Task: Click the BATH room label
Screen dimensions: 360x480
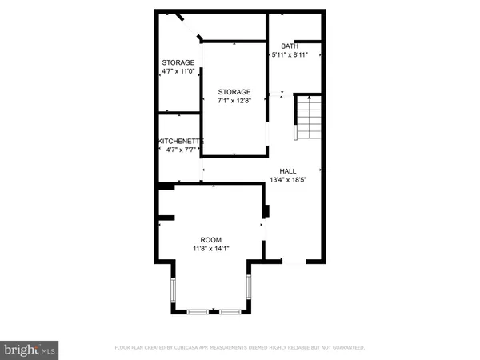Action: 289,46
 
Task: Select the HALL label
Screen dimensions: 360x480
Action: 288,171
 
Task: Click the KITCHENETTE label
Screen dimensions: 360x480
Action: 181,141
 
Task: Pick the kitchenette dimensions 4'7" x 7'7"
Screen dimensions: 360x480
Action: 181,150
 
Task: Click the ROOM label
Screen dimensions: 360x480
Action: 211,240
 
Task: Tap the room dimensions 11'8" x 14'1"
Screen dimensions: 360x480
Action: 211,249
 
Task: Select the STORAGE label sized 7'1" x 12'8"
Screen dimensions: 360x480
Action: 234,92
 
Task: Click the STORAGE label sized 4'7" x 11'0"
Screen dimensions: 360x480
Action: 178,62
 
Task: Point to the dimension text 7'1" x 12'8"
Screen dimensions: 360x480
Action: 234,101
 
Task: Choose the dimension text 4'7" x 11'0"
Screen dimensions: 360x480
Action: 178,71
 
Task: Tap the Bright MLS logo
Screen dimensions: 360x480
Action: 30,349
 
